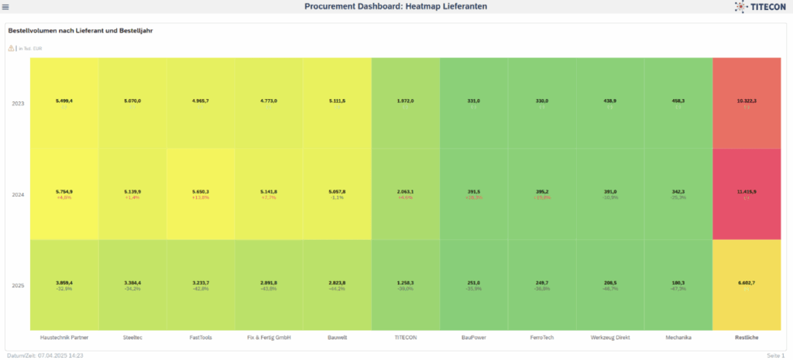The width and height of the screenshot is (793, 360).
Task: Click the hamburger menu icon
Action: point(5,7)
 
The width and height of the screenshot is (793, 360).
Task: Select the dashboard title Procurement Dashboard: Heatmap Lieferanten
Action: point(396,7)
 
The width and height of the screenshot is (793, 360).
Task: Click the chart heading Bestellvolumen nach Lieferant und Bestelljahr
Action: point(84,31)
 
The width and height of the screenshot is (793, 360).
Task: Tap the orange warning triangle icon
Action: point(11,48)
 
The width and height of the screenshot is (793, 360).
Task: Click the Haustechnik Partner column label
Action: point(64,338)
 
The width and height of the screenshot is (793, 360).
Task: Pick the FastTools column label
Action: point(201,338)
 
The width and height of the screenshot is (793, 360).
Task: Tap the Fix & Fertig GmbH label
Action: point(269,338)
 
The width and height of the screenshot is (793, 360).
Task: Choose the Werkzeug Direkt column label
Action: point(610,338)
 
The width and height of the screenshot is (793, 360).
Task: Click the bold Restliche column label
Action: point(747,338)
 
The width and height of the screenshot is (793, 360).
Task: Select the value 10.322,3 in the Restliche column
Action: point(747,101)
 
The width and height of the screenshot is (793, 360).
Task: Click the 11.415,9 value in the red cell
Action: point(747,190)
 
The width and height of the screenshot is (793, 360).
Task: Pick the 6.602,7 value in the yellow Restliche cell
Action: point(747,283)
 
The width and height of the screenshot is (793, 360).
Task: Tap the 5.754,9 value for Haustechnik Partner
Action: point(64,190)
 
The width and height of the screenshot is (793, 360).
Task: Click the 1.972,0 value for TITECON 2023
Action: point(405,101)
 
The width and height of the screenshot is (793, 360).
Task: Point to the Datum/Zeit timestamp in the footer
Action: point(43,355)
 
